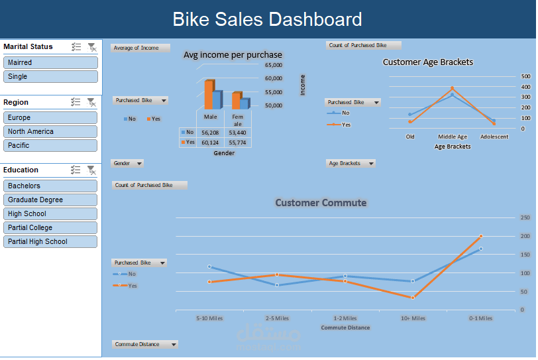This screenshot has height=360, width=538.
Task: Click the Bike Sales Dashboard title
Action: pyautogui.click(x=267, y=19)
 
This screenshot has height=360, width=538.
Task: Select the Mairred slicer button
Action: pyautogui.click(x=50, y=62)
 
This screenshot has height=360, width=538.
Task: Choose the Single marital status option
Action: pyautogui.click(x=50, y=76)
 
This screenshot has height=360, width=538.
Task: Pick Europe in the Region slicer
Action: pyautogui.click(x=50, y=117)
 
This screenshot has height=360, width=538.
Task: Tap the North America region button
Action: pyautogui.click(x=50, y=131)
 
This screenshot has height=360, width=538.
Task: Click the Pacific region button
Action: pyautogui.click(x=50, y=145)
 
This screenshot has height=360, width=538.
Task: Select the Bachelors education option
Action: pyautogui.click(x=50, y=186)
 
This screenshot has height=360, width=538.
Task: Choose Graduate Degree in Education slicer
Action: pyautogui.click(x=50, y=200)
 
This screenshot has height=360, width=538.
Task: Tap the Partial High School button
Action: pyautogui.click(x=50, y=241)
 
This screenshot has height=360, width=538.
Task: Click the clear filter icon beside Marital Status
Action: pyautogui.click(x=92, y=47)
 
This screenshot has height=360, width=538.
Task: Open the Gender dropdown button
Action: pyautogui.click(x=128, y=163)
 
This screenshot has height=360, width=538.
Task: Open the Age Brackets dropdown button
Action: pyautogui.click(x=351, y=163)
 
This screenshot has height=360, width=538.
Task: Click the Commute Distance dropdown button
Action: pyautogui.click(x=145, y=344)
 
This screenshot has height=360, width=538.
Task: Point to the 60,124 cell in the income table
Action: pyautogui.click(x=210, y=143)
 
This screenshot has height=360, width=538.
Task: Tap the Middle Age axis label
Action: pyautogui.click(x=453, y=137)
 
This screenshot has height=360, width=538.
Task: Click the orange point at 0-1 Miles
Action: pyautogui.click(x=480, y=236)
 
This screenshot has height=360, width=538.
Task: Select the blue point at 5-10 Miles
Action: pyautogui.click(x=209, y=267)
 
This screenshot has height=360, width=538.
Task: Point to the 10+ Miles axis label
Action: pyautogui.click(x=413, y=318)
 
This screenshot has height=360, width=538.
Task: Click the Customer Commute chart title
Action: pyautogui.click(x=321, y=203)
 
